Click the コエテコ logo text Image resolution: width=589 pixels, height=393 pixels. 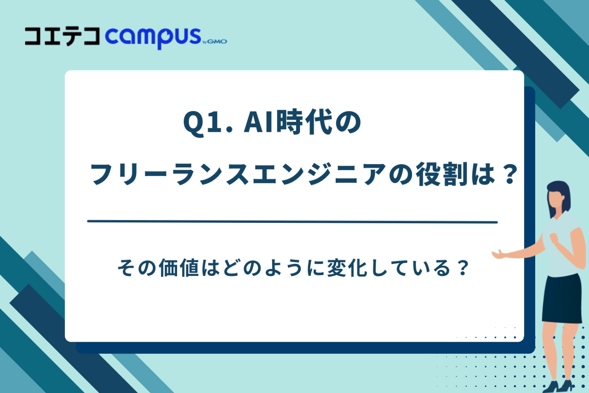[x=62, y=37]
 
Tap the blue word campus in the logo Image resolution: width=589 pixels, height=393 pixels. [x=152, y=37]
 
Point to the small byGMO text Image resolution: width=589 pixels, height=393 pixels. [x=215, y=41]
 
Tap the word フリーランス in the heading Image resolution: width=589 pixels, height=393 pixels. [x=169, y=174]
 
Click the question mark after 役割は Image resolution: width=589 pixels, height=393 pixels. [x=510, y=174]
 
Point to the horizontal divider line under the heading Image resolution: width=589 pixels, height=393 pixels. [x=292, y=222]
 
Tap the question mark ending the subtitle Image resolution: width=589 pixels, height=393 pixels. [x=462, y=268]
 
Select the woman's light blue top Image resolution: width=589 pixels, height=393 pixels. [x=564, y=249]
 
